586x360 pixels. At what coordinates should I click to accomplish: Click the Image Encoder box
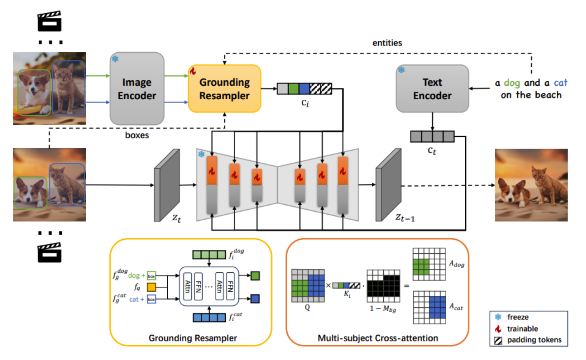coord(137,89)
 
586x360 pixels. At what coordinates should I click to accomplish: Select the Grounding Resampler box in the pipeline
coord(225,89)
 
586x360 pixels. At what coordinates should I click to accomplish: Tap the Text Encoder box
coord(432,89)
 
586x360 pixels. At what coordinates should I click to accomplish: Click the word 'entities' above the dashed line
coord(387,43)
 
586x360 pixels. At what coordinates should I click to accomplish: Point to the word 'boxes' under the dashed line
coord(137,135)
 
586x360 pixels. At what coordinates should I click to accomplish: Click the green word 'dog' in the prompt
coord(512,83)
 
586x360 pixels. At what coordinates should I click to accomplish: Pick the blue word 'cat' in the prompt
coord(560,83)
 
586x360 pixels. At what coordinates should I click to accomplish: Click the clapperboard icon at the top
coord(49,21)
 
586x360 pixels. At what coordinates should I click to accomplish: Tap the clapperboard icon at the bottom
coord(49,252)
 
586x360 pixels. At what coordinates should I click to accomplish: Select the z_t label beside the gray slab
coord(176,218)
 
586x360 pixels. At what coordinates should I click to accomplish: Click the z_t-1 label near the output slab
coord(405,217)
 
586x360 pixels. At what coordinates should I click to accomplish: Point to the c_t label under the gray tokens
coord(431,150)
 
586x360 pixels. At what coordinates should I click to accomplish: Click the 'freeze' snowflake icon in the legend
coord(498,317)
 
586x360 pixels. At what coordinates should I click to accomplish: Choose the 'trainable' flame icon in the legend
coord(498,329)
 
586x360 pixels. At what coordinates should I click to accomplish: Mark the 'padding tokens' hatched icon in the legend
coord(498,340)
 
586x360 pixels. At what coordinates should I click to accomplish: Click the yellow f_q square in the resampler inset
coord(152,287)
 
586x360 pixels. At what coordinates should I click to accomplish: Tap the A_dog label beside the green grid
coord(456,264)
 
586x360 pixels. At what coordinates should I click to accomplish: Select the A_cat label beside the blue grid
coord(456,306)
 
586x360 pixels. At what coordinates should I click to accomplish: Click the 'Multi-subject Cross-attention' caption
coord(377,338)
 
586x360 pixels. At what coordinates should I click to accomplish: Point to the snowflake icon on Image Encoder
coord(115,59)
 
